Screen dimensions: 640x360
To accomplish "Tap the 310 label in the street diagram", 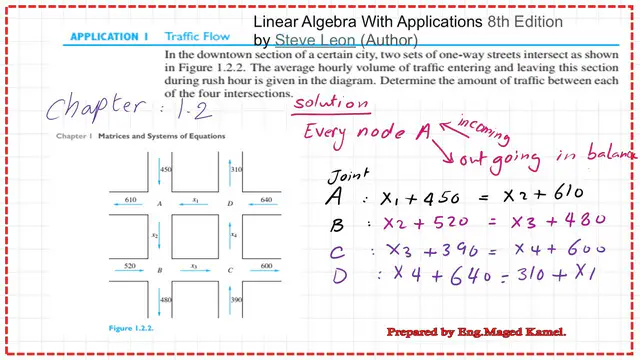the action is (235, 170).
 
